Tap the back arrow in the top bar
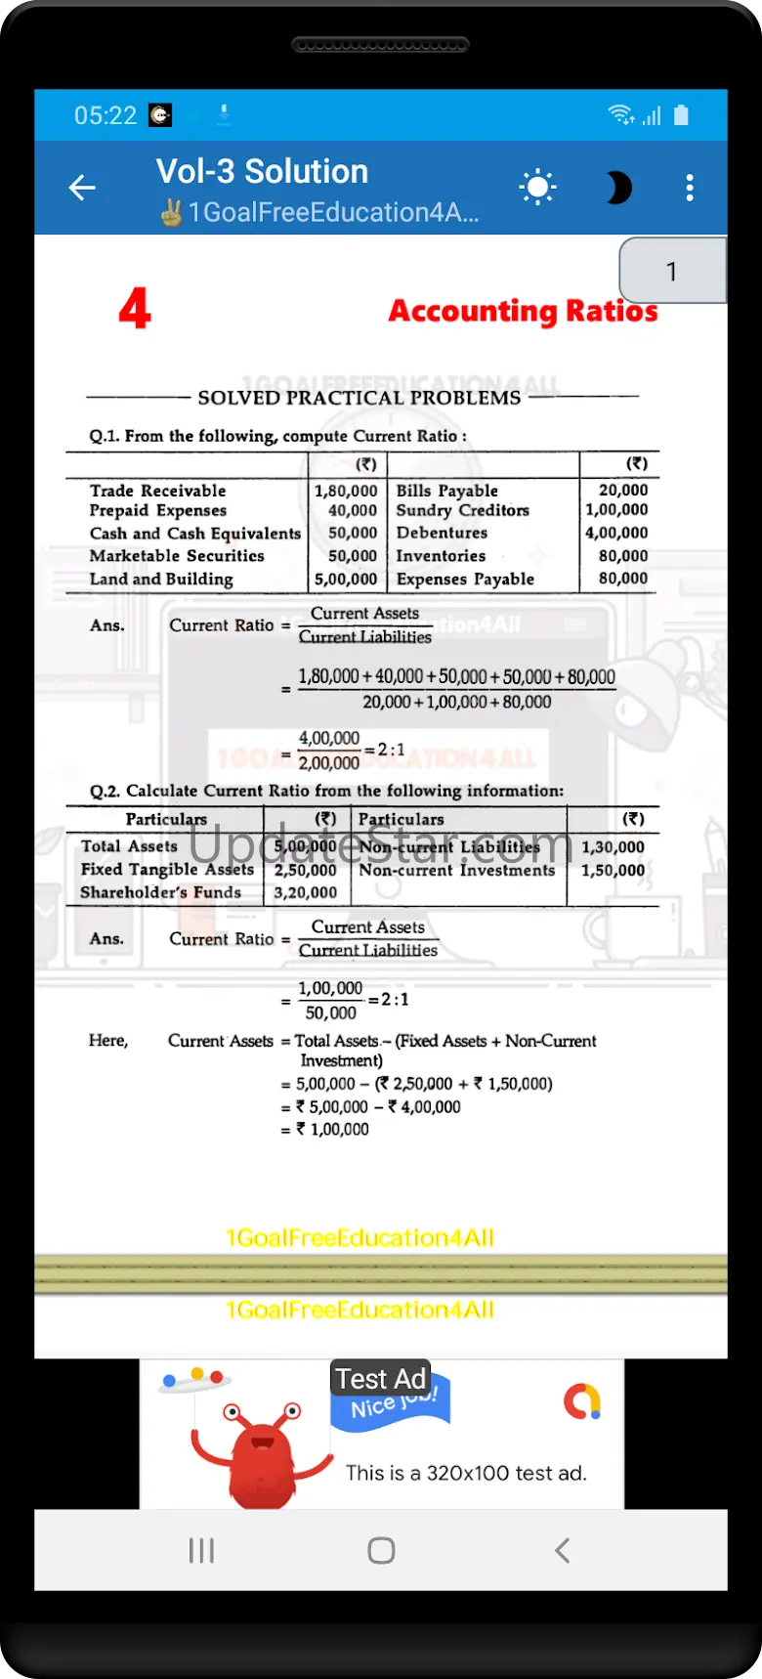[x=82, y=187]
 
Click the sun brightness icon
[x=538, y=187]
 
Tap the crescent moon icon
[x=617, y=187]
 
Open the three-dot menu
[x=690, y=187]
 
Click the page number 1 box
[x=672, y=271]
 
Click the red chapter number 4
[x=135, y=309]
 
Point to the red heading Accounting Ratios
[x=523, y=311]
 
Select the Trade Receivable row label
[x=157, y=491]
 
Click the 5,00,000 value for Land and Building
[x=345, y=579]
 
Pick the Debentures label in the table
[x=442, y=533]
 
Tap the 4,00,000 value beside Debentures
[x=616, y=533]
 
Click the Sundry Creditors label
[x=462, y=510]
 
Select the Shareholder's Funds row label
[x=160, y=892]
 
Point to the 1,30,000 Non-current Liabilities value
[x=613, y=847]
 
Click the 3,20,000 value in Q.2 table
[x=305, y=892]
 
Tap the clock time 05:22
[x=106, y=115]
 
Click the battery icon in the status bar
[x=681, y=115]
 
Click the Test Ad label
[x=380, y=1379]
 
